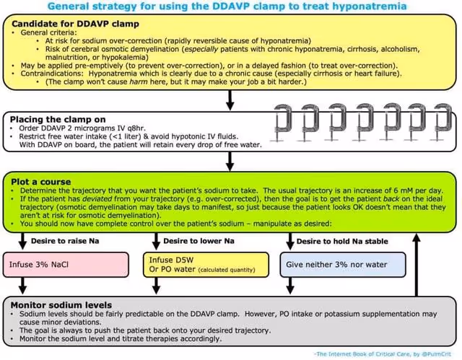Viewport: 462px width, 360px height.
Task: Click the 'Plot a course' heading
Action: [40, 180]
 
